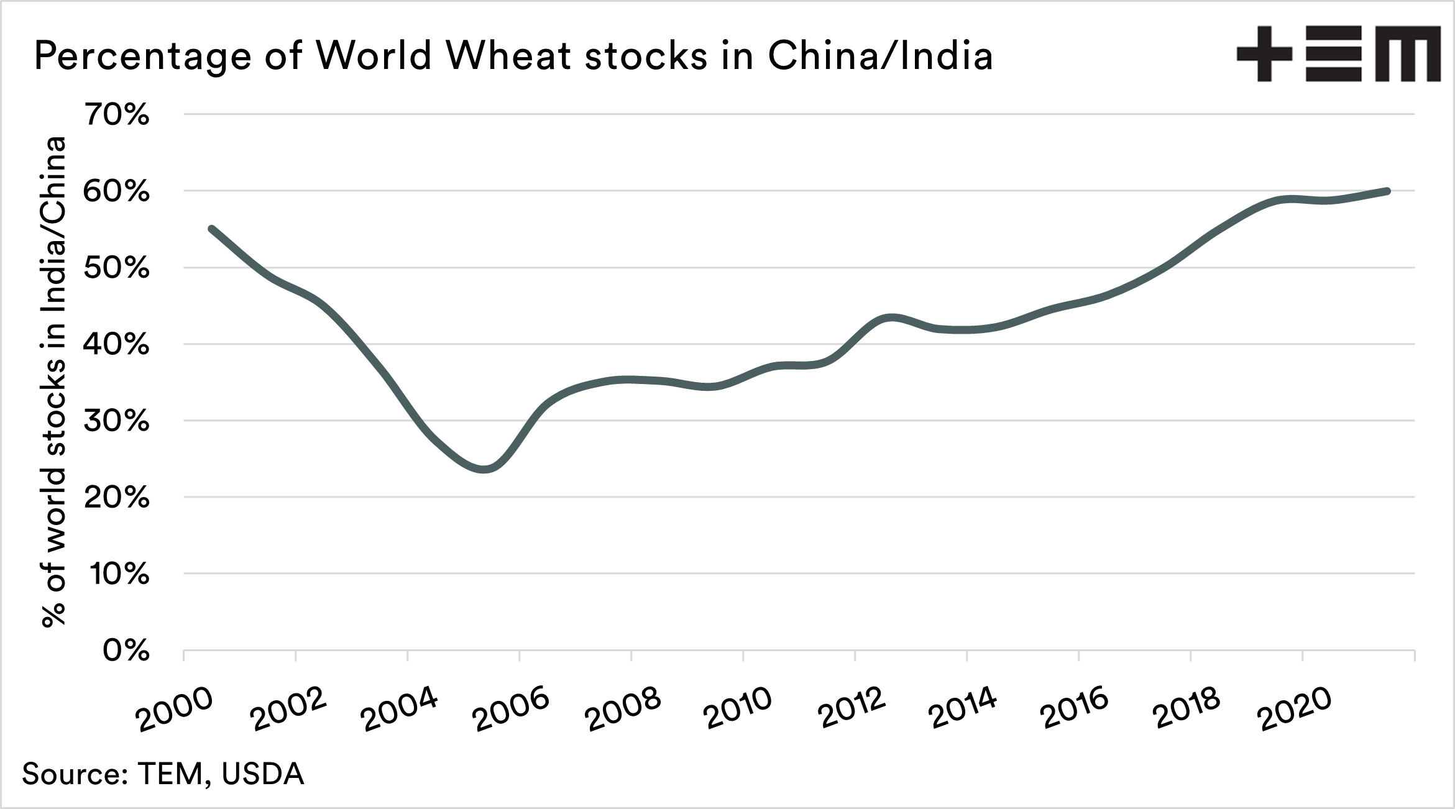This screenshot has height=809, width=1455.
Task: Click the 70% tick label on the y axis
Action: coord(116,115)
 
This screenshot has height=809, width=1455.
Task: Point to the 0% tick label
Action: coord(126,651)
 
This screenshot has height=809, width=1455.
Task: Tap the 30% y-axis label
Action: coord(116,421)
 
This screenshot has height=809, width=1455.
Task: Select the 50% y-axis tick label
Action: coord(116,268)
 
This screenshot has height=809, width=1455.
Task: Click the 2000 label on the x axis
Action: coord(175,710)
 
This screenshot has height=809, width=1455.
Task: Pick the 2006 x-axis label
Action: coord(511,710)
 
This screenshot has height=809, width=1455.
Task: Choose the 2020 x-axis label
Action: coord(1294,710)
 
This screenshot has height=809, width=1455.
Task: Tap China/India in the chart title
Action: coord(880,56)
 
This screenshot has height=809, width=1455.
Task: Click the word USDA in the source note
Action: coord(262,774)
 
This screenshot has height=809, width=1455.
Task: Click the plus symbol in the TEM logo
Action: coord(1264,53)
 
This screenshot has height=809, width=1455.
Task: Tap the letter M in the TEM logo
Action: coord(1407,54)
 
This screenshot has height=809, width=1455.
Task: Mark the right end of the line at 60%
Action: coord(1388,191)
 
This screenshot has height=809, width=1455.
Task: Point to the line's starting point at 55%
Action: coord(211,229)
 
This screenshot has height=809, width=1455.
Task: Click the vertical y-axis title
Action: coord(54,382)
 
